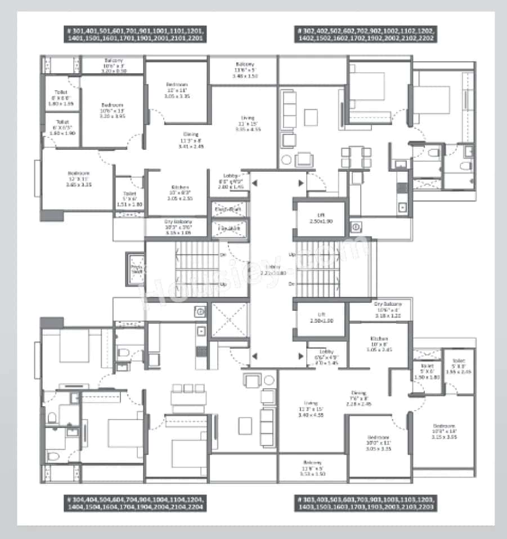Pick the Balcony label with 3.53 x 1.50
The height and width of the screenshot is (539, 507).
(x=313, y=469)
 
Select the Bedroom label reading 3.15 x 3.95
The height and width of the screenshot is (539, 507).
(x=444, y=431)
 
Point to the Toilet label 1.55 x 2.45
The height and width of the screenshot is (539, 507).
(x=459, y=367)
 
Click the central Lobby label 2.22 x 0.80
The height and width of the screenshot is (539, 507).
(x=274, y=269)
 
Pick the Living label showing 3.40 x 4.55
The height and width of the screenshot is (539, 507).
(x=311, y=408)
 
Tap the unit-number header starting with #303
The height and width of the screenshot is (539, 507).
(x=365, y=504)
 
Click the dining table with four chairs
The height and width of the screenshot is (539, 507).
(x=356, y=157)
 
